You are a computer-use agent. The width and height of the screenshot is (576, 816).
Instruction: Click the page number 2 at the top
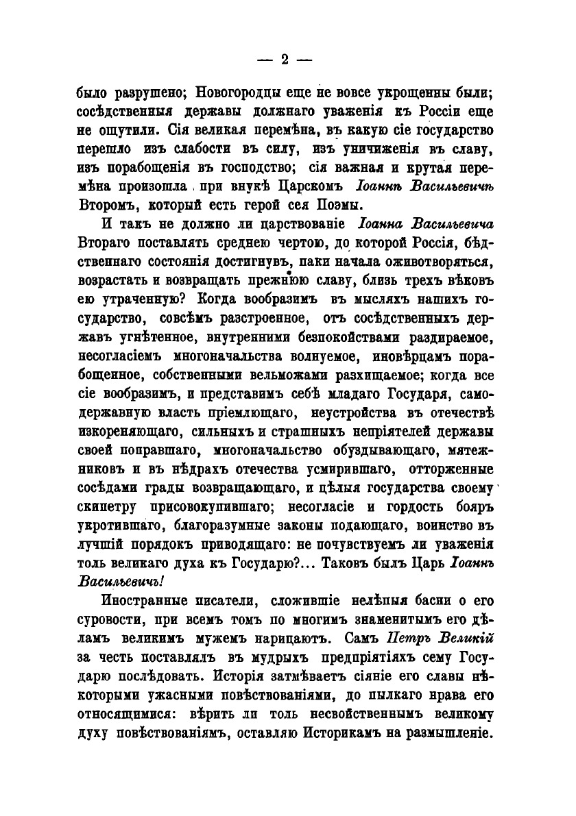click(284, 60)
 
